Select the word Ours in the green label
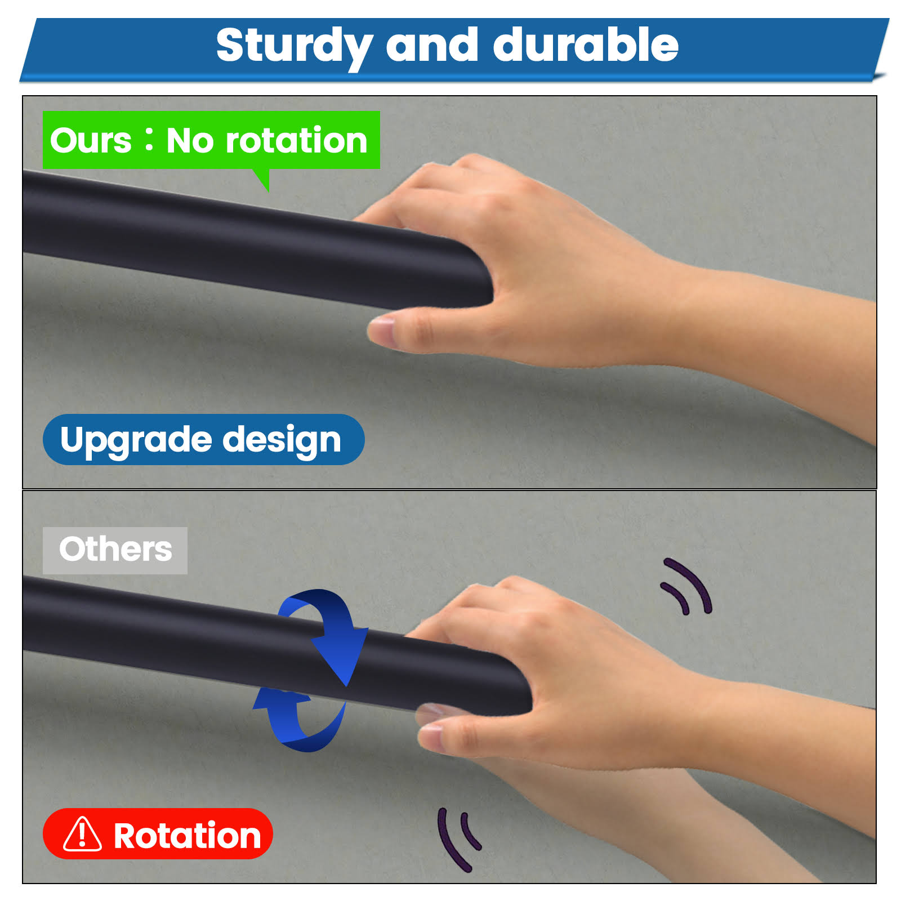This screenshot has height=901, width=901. tap(91, 140)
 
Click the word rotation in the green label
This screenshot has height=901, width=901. tap(296, 140)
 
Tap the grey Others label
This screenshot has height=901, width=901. tap(115, 550)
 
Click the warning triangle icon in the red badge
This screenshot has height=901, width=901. tap(82, 834)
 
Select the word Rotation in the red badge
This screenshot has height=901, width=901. tap(188, 835)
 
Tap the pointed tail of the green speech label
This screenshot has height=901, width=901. tap(267, 190)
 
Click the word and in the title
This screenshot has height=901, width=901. tap(432, 45)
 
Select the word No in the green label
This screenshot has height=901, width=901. tap(190, 140)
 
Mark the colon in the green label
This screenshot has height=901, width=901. tap(149, 141)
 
